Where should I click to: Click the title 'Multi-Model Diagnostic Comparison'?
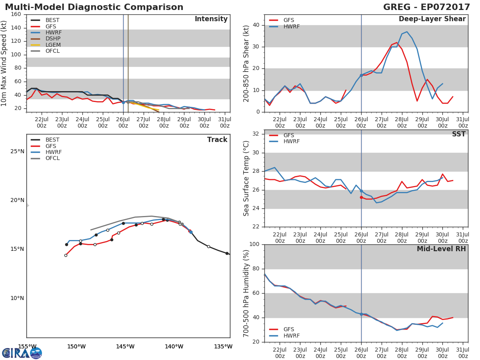[94, 7]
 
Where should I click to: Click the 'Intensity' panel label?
[211, 19]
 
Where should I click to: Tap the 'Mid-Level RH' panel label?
[441, 249]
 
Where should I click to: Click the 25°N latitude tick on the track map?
[17, 151]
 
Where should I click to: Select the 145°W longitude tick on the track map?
[125, 346]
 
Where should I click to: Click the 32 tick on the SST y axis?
[257, 134]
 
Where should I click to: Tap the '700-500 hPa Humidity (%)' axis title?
[246, 293]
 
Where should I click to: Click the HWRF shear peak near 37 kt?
[407, 32]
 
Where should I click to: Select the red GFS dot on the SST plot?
[361, 197]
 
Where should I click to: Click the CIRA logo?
[22, 353]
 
